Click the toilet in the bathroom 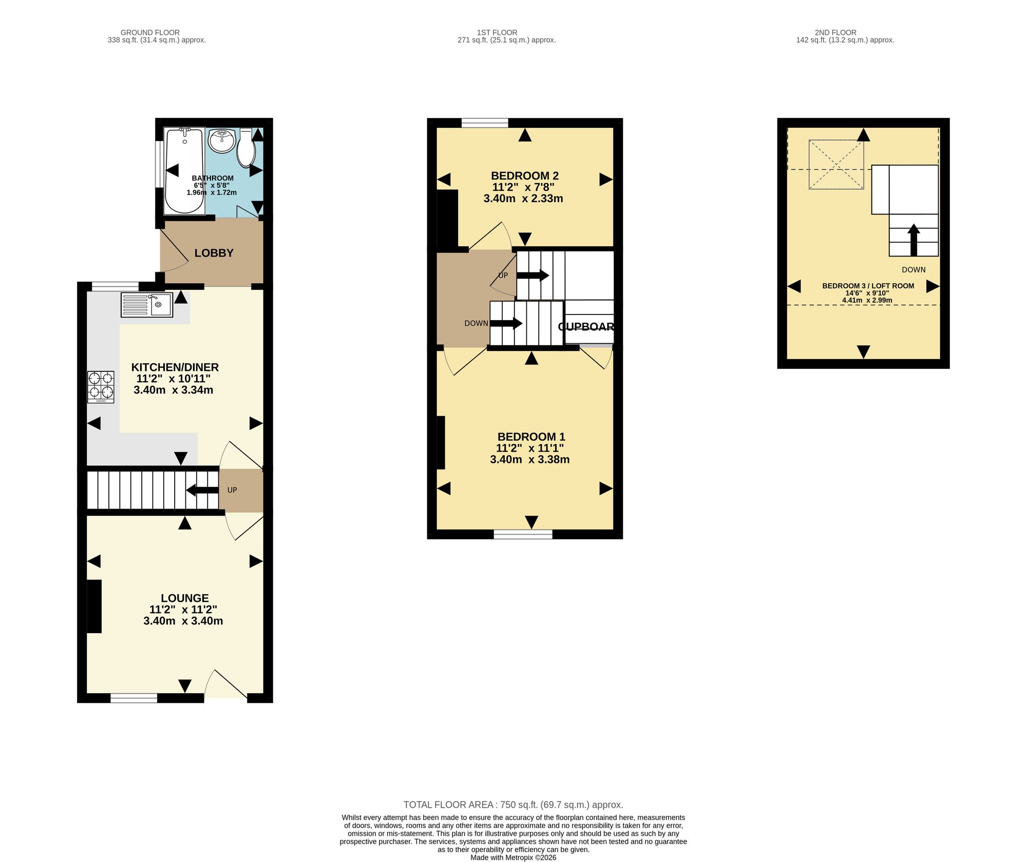tap(246, 148)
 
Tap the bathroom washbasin tap(222, 141)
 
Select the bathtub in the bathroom tap(184, 170)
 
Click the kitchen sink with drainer tap(147, 305)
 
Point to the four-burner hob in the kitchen tap(101, 387)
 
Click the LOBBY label tap(214, 253)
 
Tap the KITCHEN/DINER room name tap(175, 367)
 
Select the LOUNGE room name tap(185, 598)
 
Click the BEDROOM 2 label tap(525, 176)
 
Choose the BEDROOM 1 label tap(531, 437)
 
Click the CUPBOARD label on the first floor tap(586, 327)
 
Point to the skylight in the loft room tap(836, 165)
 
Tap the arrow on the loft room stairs tap(914, 240)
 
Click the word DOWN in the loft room tap(914, 270)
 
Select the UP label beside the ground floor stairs tap(232, 490)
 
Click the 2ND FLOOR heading tap(835, 32)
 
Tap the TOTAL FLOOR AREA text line tap(513, 805)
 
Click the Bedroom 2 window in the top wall tap(485, 123)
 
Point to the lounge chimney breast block tap(94, 606)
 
